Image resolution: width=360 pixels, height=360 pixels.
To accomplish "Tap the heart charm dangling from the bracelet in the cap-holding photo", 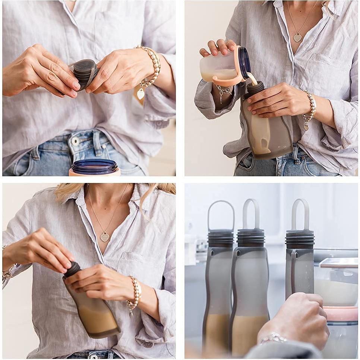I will [x=140, y=94].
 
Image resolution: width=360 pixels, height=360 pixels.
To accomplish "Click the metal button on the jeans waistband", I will [x=76, y=141].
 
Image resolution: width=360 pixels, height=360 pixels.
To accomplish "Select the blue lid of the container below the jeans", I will [x=94, y=166].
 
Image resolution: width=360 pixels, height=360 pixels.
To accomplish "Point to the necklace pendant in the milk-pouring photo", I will [x=297, y=37].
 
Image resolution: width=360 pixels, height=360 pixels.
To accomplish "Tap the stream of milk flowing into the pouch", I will [x=253, y=79].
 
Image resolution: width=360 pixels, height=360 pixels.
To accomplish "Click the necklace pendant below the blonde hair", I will [x=105, y=237].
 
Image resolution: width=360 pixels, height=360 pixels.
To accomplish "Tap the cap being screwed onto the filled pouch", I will [x=72, y=269].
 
